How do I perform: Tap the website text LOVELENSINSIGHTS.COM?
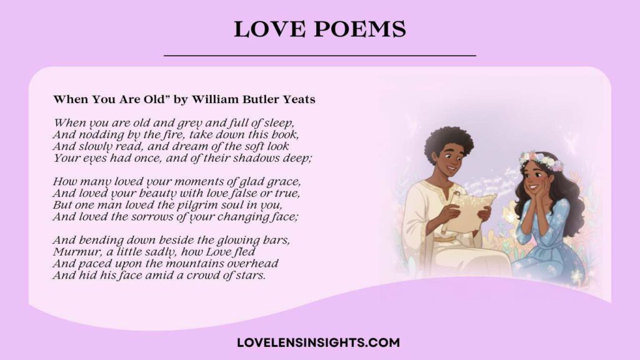click(x=319, y=342)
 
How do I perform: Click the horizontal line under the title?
click(x=319, y=56)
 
